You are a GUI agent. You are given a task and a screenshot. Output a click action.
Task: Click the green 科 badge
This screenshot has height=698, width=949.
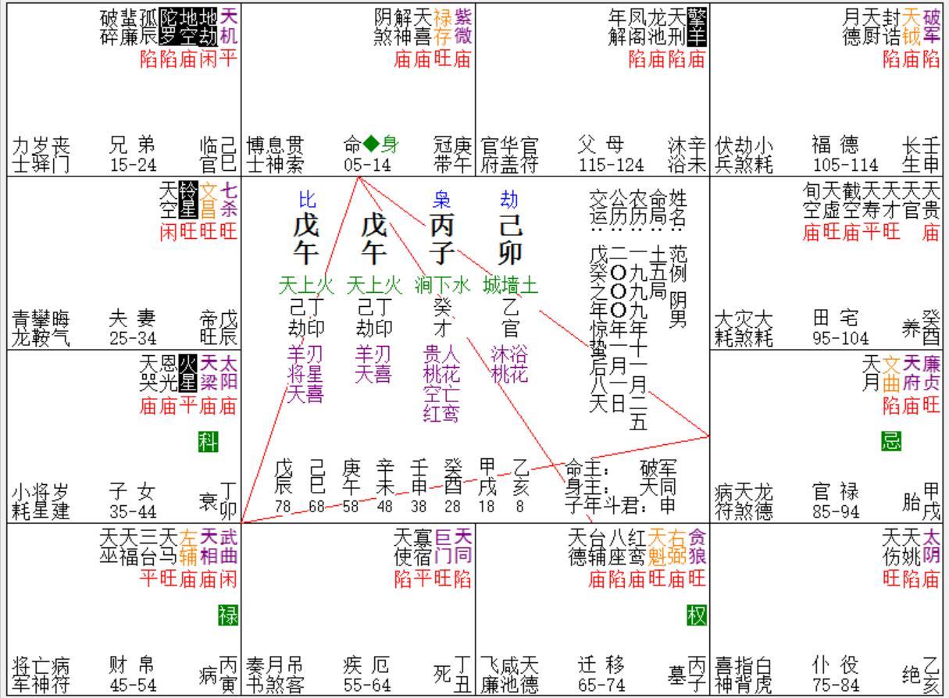(x=207, y=443)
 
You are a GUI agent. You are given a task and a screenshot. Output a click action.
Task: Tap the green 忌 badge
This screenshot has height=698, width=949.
(x=891, y=441)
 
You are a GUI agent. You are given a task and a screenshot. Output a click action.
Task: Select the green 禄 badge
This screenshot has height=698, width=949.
(x=227, y=616)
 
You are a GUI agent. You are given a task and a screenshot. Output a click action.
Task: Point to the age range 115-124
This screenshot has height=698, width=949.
(x=612, y=165)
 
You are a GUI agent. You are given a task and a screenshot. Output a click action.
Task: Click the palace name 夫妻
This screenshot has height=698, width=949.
(x=131, y=319)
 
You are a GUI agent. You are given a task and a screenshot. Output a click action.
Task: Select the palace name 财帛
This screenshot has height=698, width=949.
(x=131, y=665)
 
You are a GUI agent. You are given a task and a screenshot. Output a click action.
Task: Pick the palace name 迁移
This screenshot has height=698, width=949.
(x=600, y=665)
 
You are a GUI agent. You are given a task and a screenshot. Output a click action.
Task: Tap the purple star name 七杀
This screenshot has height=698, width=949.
(x=229, y=200)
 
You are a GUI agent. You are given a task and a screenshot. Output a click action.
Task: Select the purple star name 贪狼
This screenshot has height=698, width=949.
(x=697, y=547)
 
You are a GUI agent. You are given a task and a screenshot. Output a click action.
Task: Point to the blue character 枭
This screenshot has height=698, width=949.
(x=441, y=201)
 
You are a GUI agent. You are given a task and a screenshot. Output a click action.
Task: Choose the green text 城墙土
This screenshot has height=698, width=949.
(x=511, y=285)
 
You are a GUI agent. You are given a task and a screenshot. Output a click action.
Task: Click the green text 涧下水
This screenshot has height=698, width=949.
(x=443, y=285)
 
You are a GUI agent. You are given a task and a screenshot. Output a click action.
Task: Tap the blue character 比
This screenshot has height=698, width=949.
(x=306, y=201)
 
